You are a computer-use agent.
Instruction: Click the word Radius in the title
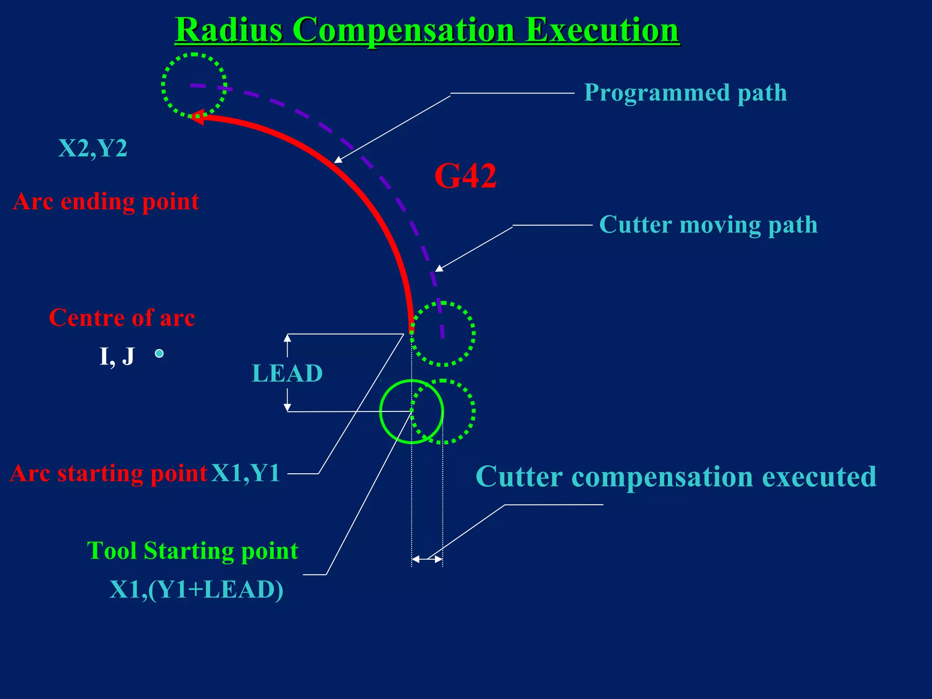tap(229, 30)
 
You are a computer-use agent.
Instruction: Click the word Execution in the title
tap(602, 30)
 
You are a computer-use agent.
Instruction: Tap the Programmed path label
tap(685, 93)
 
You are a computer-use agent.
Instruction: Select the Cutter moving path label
tap(708, 225)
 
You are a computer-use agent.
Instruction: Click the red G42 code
tap(465, 176)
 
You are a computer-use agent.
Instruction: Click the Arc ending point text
tap(106, 202)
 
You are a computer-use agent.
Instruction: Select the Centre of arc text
tap(122, 318)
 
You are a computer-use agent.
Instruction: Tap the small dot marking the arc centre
tap(159, 354)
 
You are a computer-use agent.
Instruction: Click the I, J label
tap(117, 356)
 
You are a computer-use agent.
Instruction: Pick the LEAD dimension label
tap(287, 374)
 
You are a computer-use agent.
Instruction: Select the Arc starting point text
tap(108, 473)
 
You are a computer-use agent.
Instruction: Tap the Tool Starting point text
tap(192, 551)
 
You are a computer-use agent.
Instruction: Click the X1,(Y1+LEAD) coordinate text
tap(196, 590)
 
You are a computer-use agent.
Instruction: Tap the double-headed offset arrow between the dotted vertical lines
tap(427, 559)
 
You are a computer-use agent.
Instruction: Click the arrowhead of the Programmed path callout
tap(338, 160)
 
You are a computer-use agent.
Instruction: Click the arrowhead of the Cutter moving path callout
tap(439, 269)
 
